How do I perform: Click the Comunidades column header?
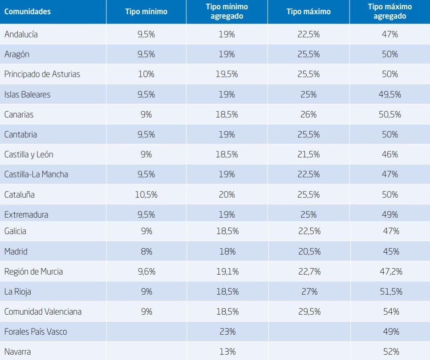(28, 12)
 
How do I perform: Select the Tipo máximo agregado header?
(389, 11)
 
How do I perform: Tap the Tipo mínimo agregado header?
(227, 11)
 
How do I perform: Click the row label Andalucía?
(21, 34)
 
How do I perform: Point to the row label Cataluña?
(20, 194)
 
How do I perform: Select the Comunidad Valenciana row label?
(43, 311)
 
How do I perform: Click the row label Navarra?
(17, 352)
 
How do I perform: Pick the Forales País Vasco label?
(36, 332)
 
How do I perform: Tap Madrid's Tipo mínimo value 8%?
(146, 251)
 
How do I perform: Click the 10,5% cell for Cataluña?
(146, 194)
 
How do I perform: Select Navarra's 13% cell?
(227, 352)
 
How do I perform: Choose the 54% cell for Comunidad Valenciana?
(391, 311)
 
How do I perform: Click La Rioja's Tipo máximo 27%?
(309, 291)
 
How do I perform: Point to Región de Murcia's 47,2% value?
(391, 271)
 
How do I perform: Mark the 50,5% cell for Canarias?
(389, 114)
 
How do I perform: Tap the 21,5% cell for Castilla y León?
(308, 154)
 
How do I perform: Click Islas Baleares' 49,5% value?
(389, 94)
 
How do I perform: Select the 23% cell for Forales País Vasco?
(227, 332)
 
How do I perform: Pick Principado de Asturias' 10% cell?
(146, 74)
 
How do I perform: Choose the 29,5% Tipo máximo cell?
(309, 311)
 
